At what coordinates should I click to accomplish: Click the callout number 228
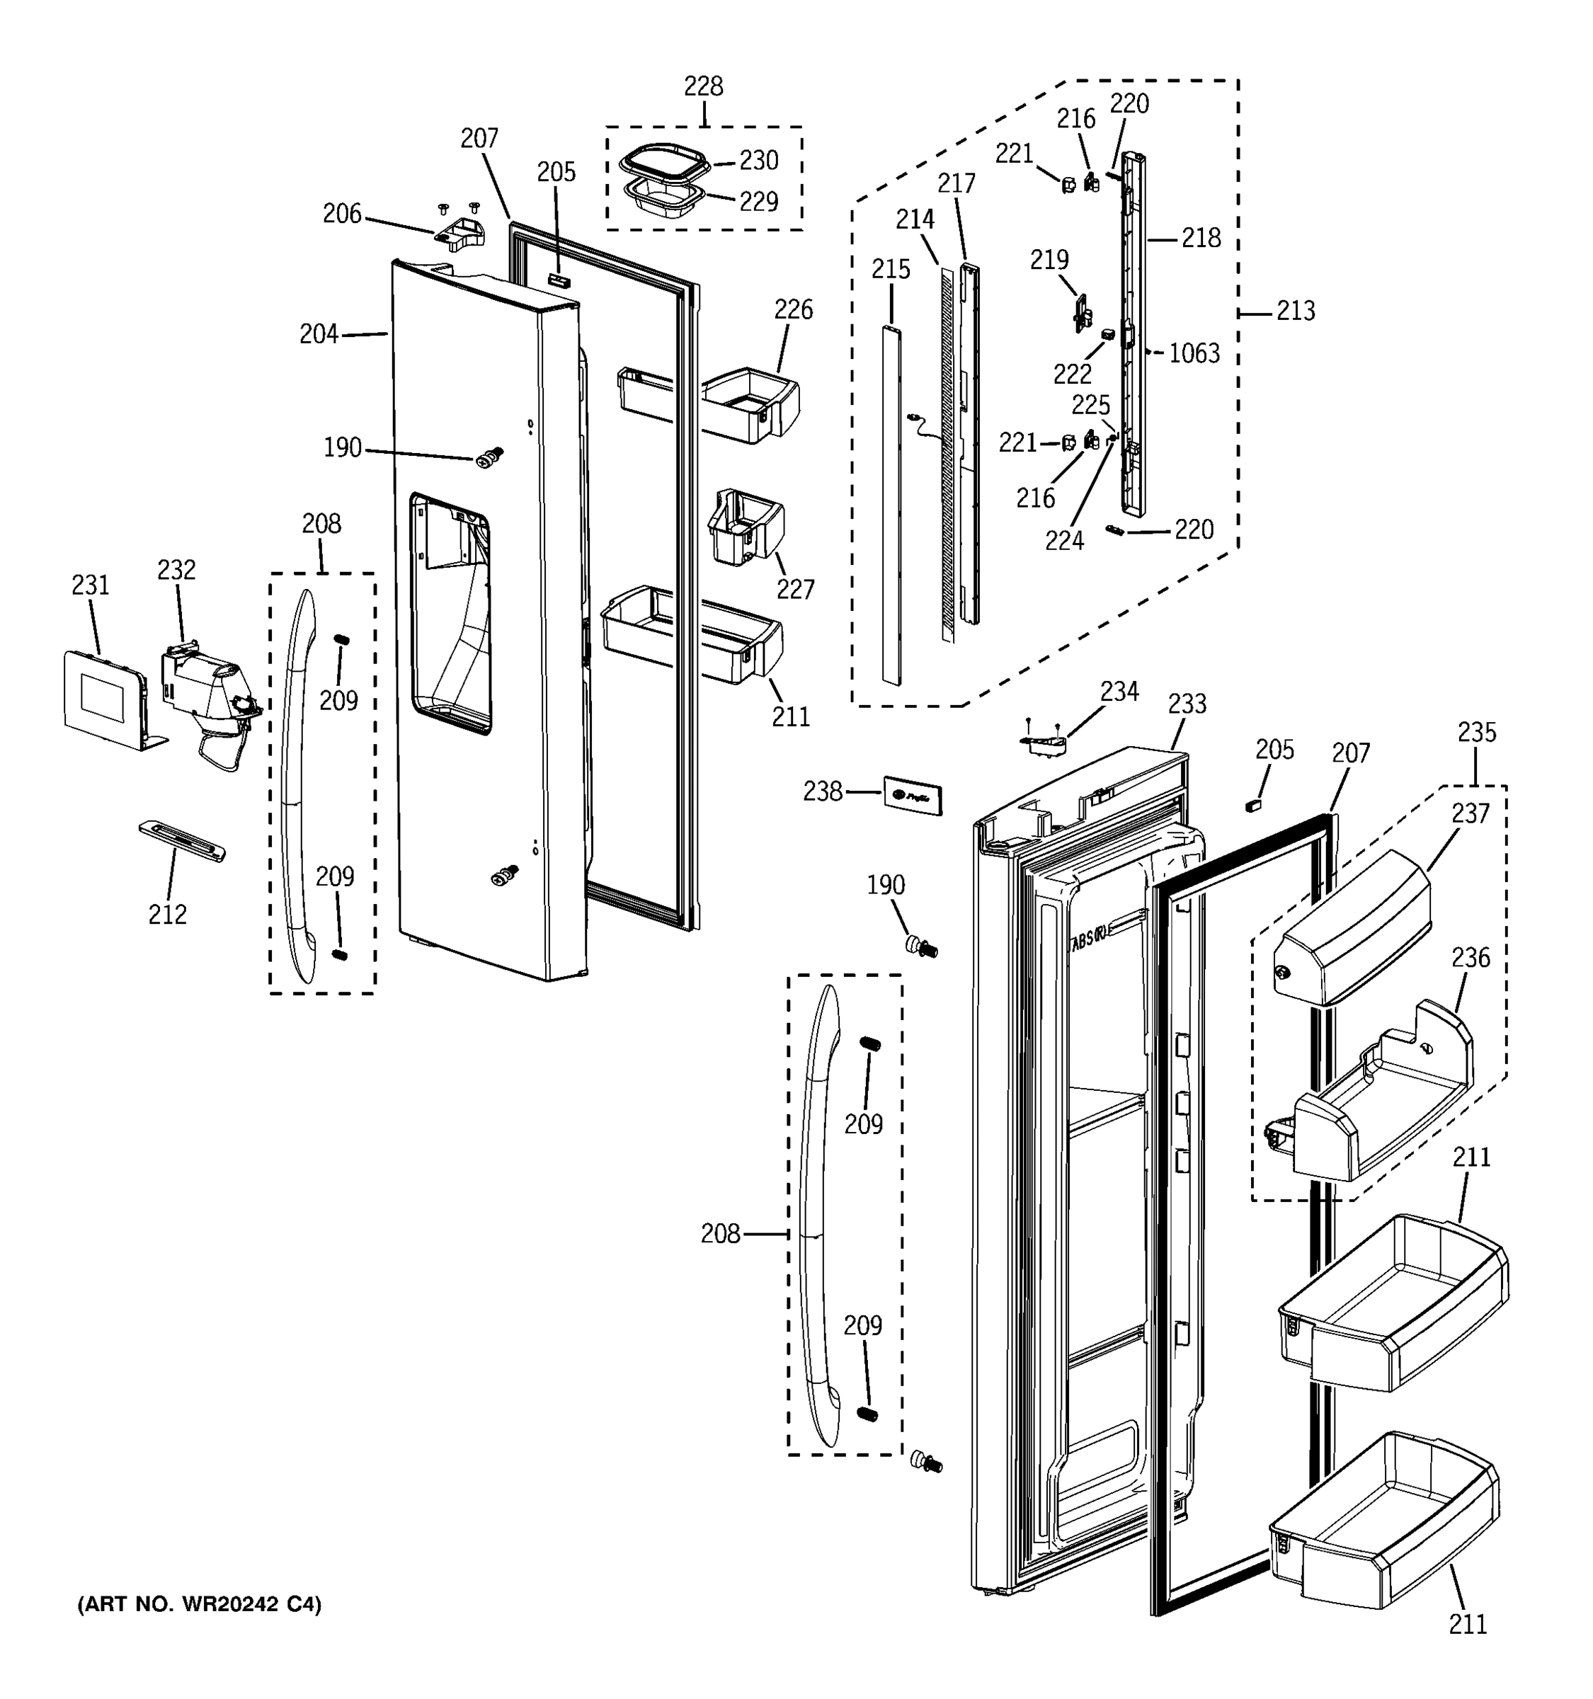tap(702, 86)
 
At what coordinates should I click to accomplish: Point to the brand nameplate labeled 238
tap(913, 796)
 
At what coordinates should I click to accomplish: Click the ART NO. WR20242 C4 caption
tap(199, 1605)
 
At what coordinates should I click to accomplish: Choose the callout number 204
tap(319, 334)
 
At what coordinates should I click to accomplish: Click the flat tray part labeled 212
tap(182, 841)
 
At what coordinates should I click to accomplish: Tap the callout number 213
tap(1295, 311)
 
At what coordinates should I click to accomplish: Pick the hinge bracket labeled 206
tap(459, 234)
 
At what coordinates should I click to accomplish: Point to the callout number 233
tap(1187, 704)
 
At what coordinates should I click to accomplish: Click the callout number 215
tap(891, 269)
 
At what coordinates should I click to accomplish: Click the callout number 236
tap(1470, 958)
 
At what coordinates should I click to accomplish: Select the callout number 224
tap(1064, 540)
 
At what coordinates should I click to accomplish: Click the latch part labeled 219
tap(1082, 314)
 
